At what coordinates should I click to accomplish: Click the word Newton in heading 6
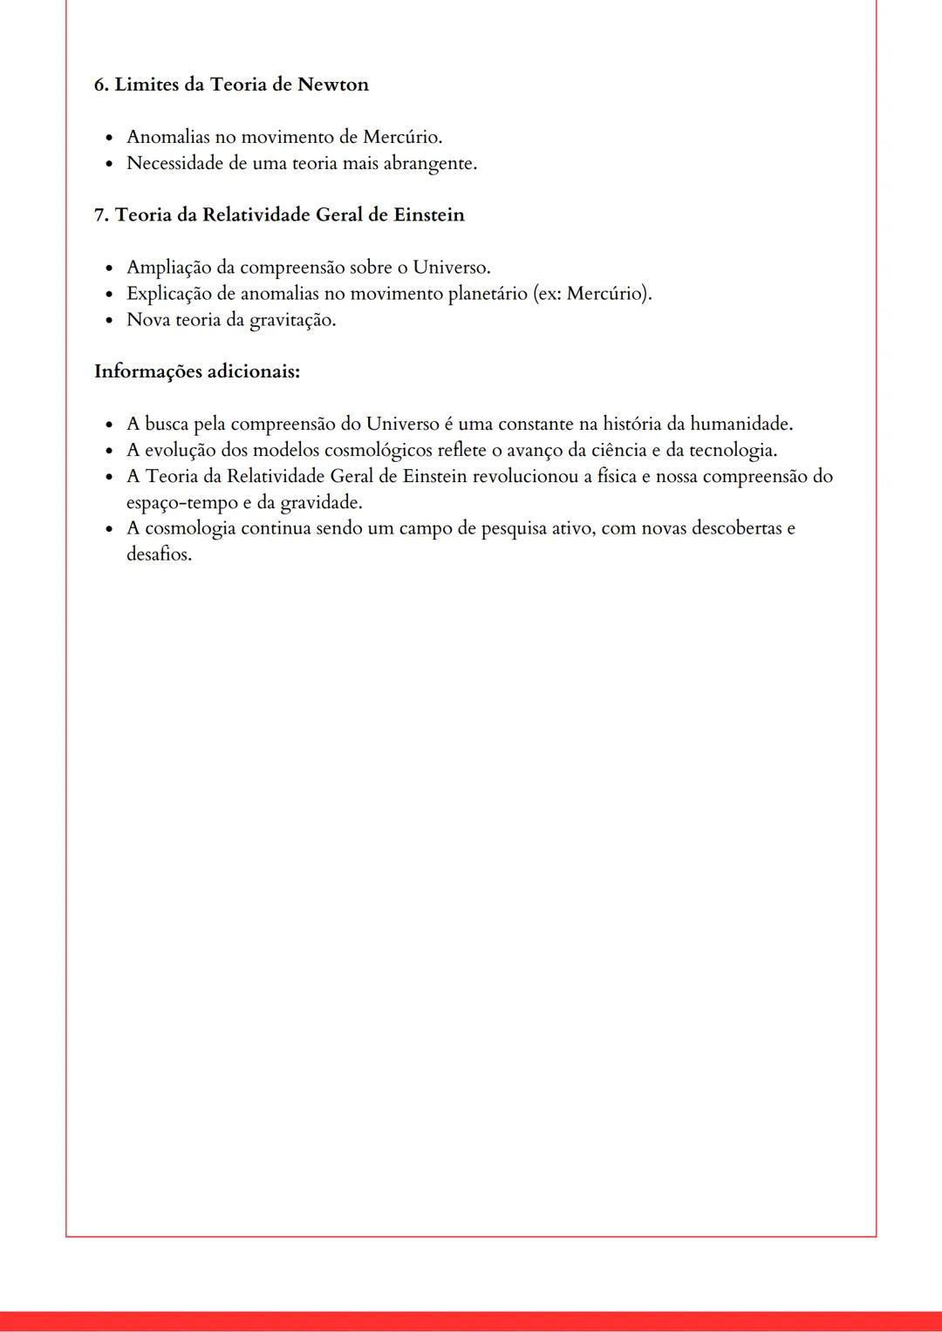(x=333, y=85)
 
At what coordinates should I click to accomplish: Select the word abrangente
(x=430, y=163)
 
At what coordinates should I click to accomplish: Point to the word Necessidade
(x=174, y=163)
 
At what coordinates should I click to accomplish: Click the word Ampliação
(x=168, y=267)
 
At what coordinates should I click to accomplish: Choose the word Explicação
(x=168, y=293)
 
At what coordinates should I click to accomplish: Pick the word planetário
(x=487, y=293)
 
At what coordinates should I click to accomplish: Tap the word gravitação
(x=292, y=320)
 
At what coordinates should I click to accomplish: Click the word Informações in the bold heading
(x=147, y=371)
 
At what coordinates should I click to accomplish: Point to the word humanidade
(x=741, y=424)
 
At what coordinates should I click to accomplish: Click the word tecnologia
(x=733, y=450)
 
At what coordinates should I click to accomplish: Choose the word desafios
(x=159, y=554)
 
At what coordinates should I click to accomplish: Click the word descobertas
(x=737, y=528)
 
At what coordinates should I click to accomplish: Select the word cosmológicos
(x=378, y=450)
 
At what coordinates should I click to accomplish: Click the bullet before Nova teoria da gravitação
(x=108, y=320)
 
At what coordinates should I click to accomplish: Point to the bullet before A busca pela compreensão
(x=108, y=425)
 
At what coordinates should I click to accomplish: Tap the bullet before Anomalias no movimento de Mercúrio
(x=108, y=138)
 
